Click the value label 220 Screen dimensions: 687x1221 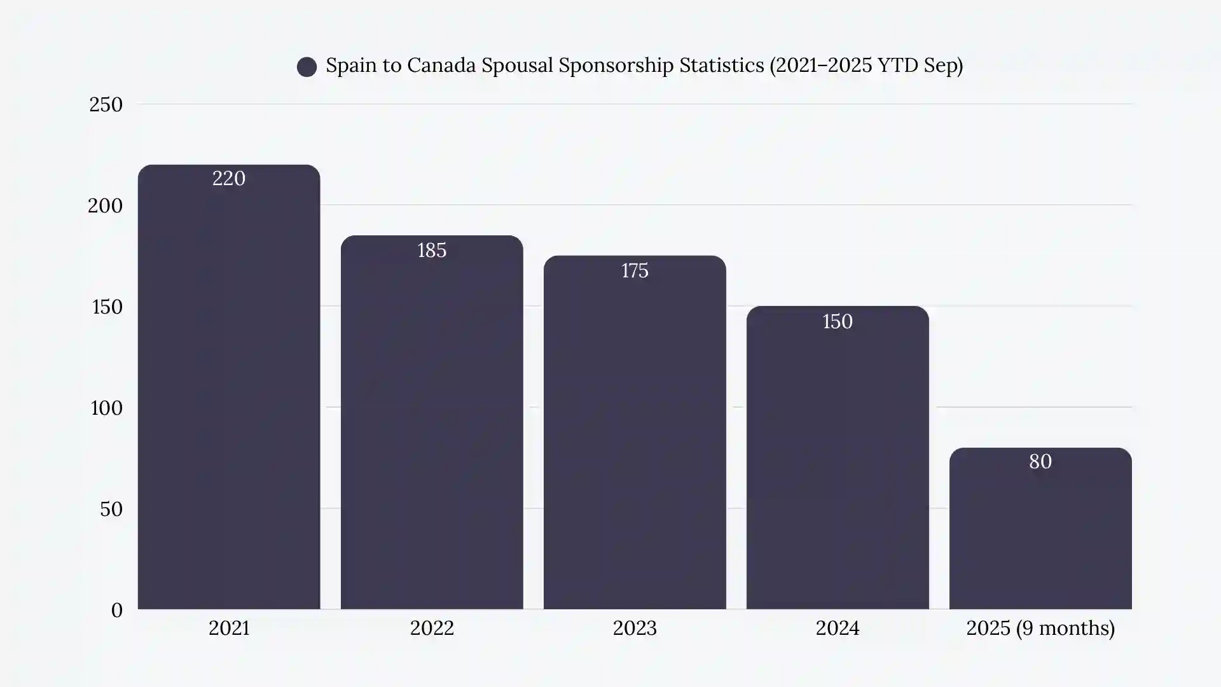[x=229, y=179]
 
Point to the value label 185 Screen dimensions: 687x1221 [x=432, y=251]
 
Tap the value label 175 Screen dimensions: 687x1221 [x=635, y=271]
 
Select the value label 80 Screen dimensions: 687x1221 [x=1040, y=462]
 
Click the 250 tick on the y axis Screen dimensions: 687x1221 [x=106, y=104]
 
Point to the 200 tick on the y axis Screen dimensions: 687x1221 [x=105, y=205]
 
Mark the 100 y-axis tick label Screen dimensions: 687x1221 [x=106, y=408]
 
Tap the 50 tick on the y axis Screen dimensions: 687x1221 [x=111, y=509]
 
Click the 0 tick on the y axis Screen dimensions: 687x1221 [x=116, y=610]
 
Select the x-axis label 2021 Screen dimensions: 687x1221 [x=229, y=628]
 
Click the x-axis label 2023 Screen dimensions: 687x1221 [x=635, y=628]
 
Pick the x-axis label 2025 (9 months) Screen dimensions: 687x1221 [x=1040, y=628]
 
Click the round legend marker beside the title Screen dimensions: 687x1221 [x=307, y=67]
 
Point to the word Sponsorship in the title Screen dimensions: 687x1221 [x=616, y=66]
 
